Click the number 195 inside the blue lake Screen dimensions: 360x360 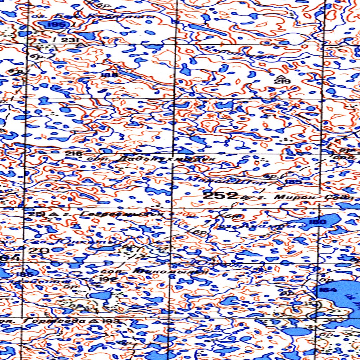coord(57,25)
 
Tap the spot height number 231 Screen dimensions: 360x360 coord(70,40)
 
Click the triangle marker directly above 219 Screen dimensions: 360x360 coord(281,76)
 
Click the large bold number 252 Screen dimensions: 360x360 coord(219,196)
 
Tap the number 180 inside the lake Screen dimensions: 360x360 coord(319,222)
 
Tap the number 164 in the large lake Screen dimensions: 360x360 coord(328,290)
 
